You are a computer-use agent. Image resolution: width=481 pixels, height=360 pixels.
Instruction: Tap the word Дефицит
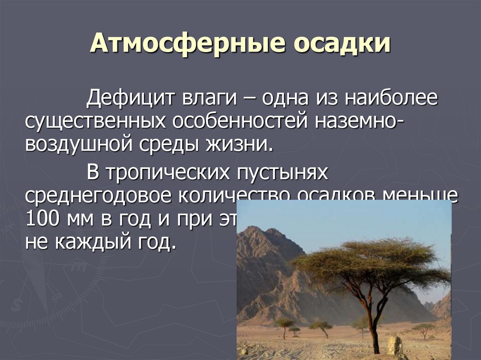pos(130,99)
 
